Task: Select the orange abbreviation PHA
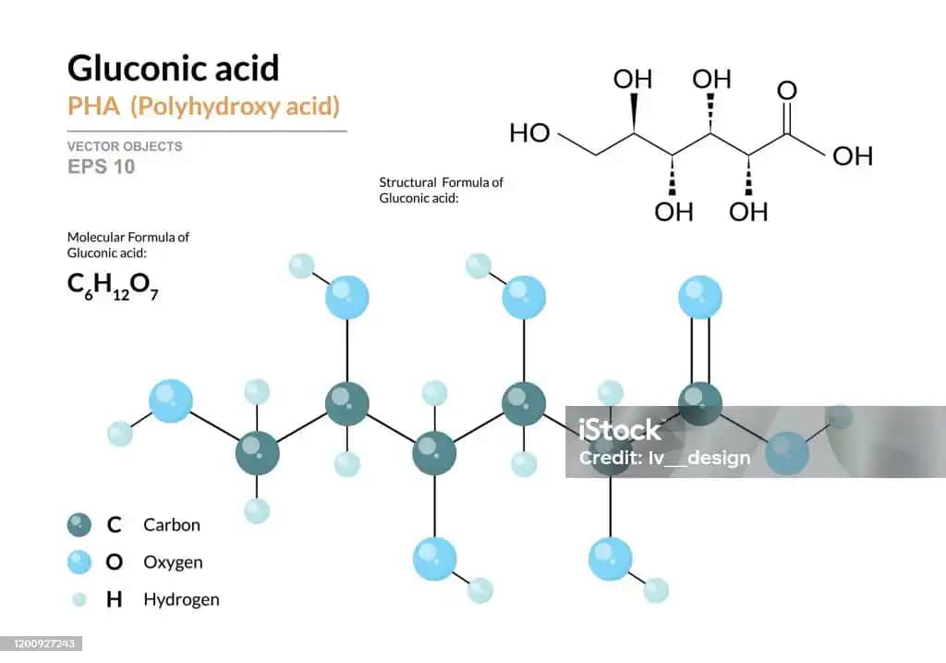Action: click(93, 105)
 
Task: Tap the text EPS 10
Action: click(101, 166)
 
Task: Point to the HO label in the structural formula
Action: click(529, 134)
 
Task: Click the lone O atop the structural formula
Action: click(787, 91)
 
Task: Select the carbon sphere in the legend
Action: click(79, 525)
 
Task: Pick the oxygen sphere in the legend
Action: click(79, 562)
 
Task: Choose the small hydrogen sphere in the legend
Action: click(79, 599)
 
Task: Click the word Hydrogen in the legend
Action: click(181, 599)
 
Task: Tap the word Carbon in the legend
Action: click(171, 525)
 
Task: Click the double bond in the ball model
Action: click(700, 350)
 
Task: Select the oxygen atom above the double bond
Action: click(700, 298)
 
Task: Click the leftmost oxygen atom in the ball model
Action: click(171, 401)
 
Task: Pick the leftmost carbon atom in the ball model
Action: click(257, 453)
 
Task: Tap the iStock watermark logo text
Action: click(620, 430)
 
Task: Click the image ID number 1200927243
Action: click(42, 643)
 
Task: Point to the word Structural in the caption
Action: click(407, 182)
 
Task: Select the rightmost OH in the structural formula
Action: click(852, 155)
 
